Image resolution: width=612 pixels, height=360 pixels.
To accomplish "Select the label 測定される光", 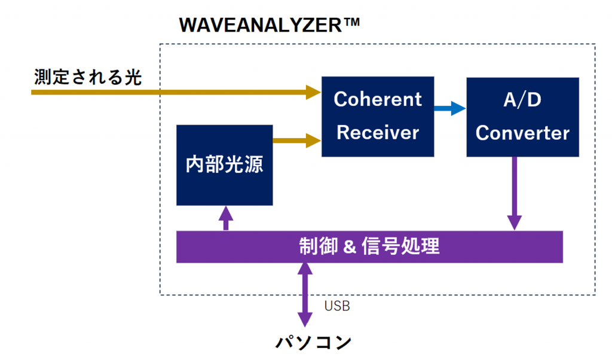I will tap(88, 78).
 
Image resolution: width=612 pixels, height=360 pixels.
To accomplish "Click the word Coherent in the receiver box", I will tap(378, 99).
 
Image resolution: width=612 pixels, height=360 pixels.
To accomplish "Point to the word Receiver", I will tap(378, 132).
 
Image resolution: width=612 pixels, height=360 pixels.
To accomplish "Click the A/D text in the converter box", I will tap(522, 99).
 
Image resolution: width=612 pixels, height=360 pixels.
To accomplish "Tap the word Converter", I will tap(522, 133).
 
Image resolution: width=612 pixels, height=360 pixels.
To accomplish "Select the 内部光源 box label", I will tap(225, 165).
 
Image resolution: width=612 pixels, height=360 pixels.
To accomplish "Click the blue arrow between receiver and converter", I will tap(449, 108).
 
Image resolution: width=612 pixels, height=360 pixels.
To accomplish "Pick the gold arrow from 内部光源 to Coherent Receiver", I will tap(296, 141).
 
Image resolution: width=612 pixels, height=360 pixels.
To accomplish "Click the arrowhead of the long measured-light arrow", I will tap(314, 92).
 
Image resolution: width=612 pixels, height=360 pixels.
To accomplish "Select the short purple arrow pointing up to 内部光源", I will tap(225, 218).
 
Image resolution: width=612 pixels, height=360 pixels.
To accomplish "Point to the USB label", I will tap(337, 306).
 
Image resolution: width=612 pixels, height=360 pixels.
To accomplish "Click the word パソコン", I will tap(314, 343).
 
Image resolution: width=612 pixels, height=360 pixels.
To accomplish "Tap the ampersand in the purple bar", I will tap(350, 246).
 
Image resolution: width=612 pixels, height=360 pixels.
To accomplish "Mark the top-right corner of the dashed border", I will tap(595, 44).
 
